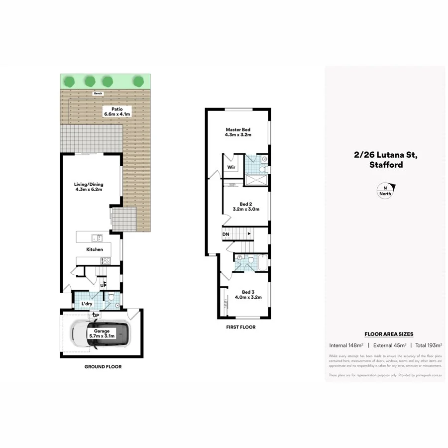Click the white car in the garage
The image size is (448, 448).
pos(101,334)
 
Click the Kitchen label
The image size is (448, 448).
pos(95,249)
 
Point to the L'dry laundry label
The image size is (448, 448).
pos(88,304)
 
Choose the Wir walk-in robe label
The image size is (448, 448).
pos(231,168)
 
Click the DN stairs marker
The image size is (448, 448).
pos(225,234)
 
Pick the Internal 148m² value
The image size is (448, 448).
pos(345,345)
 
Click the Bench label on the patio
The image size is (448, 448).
pos(98,93)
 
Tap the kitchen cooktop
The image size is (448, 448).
pos(106,260)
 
